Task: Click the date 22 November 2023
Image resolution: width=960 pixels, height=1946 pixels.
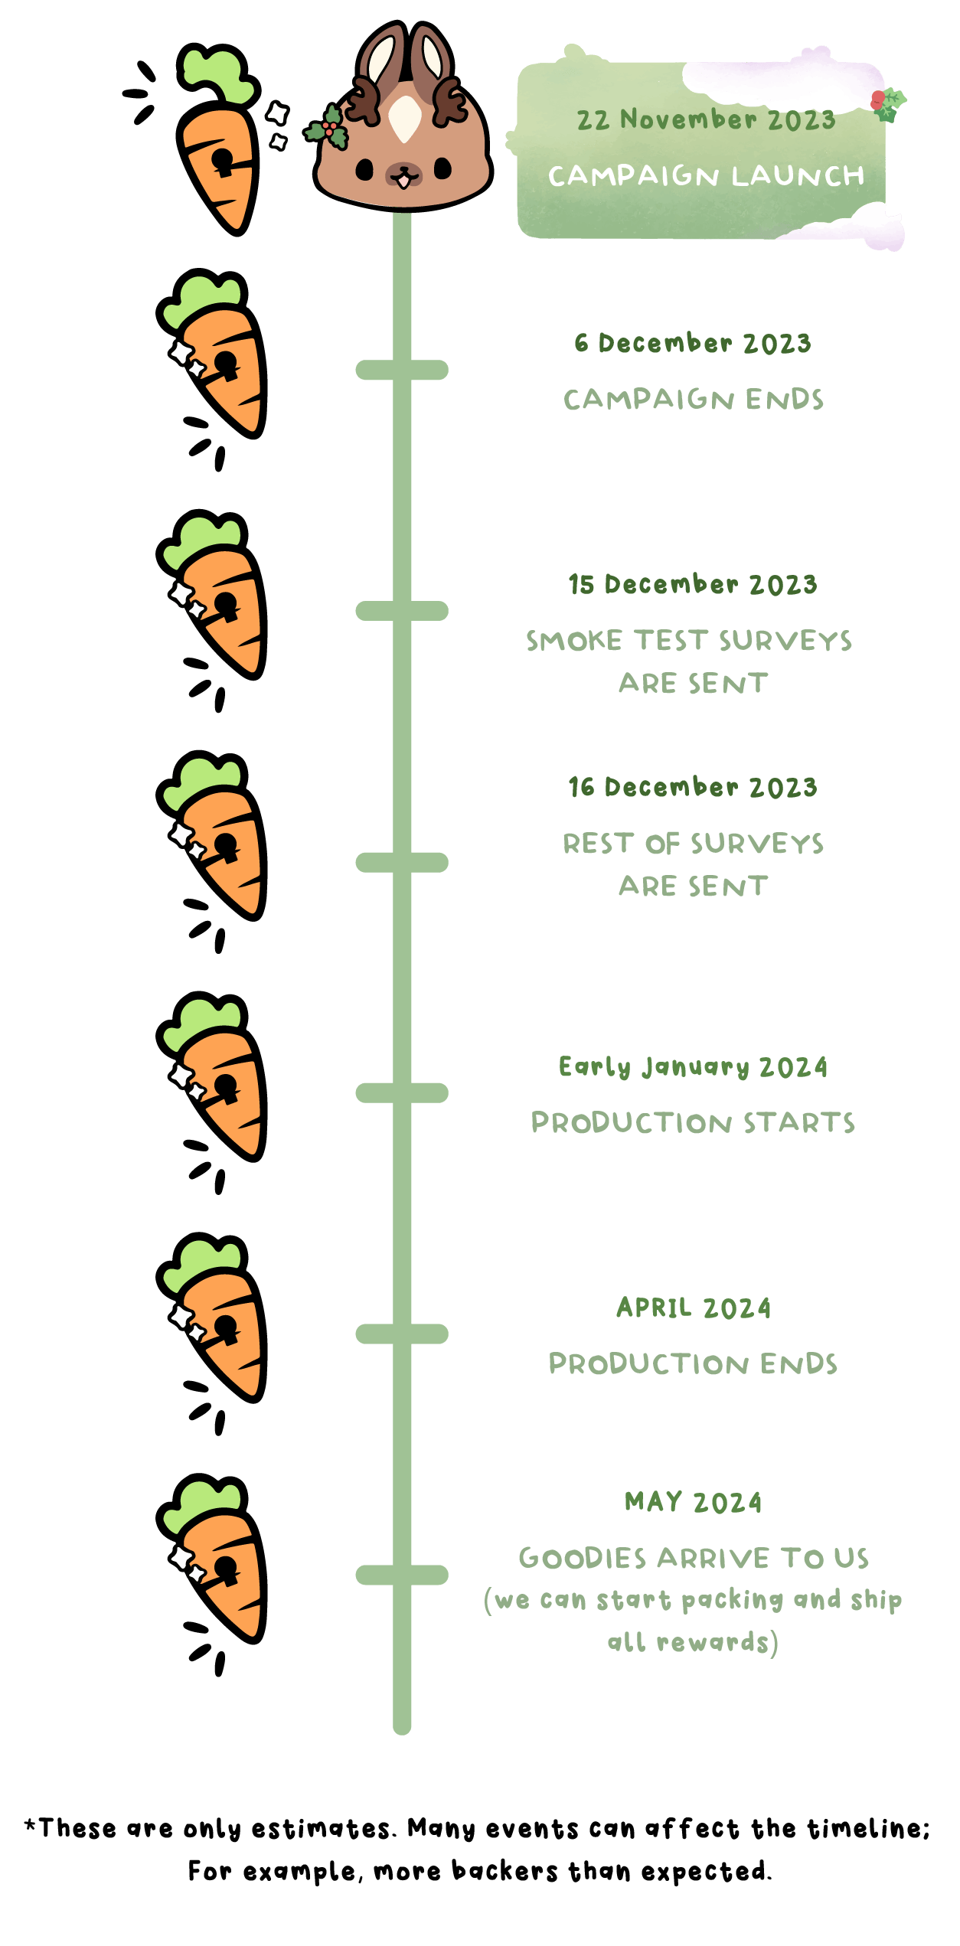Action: point(705,119)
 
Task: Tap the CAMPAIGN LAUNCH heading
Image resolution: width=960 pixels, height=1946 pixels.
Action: point(706,176)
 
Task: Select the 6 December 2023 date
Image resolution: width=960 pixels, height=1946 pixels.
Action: point(693,343)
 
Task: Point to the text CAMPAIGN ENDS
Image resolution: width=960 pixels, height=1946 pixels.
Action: point(694,400)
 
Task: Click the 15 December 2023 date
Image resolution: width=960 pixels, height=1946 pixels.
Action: point(693,584)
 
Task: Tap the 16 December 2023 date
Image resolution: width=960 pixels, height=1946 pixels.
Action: point(693,787)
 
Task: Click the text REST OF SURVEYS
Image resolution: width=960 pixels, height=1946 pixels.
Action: point(694,844)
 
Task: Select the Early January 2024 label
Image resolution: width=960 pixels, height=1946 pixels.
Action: point(693,1066)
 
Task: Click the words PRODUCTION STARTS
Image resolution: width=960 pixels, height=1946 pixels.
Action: point(693,1123)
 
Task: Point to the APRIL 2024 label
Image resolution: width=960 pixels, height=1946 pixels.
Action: point(694,1308)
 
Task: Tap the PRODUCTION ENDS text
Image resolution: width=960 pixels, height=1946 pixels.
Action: point(693,1364)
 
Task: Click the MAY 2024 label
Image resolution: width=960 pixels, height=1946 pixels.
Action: point(694,1502)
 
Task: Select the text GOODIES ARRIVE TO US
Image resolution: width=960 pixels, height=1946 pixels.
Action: point(694,1559)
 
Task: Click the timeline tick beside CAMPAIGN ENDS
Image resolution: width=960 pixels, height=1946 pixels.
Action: point(402,371)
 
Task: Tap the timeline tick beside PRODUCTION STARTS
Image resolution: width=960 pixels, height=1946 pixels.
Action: point(402,1093)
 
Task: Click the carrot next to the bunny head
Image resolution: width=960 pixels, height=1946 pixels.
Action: point(218,142)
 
